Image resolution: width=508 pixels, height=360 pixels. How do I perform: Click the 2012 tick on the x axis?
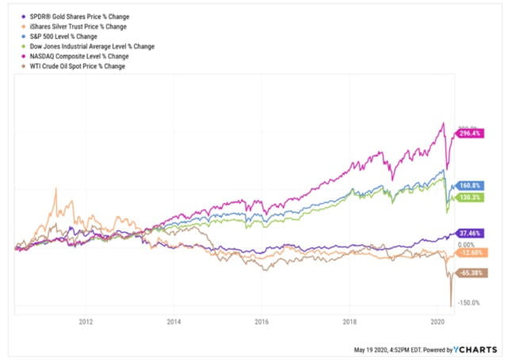(86, 322)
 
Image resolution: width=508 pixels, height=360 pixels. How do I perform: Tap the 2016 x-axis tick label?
(262, 322)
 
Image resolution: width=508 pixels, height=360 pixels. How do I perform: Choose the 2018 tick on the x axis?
(349, 322)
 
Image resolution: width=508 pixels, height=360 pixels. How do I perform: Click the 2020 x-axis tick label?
(437, 322)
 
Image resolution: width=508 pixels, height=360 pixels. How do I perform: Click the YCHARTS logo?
(479, 348)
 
